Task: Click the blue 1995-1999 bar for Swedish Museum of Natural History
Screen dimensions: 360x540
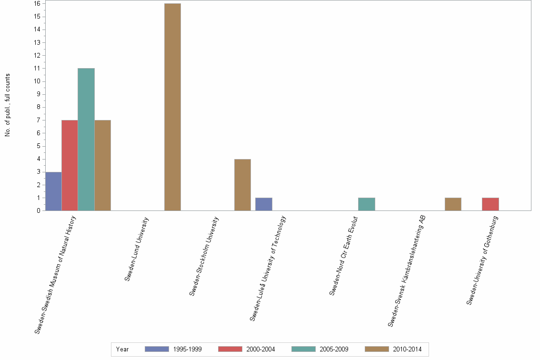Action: coord(53,191)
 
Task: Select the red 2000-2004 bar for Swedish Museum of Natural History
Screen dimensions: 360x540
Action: coord(70,165)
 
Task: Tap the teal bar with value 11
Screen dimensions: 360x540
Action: coord(86,139)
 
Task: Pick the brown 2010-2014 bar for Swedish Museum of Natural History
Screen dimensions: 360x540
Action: coord(102,165)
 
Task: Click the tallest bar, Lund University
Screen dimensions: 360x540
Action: coord(172,107)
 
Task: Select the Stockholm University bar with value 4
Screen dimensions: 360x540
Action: coord(242,185)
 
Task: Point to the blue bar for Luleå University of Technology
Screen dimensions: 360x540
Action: coord(264,204)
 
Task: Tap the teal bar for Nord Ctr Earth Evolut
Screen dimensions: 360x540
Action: coord(366,204)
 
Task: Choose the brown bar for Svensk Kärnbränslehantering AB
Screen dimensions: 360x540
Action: coord(453,204)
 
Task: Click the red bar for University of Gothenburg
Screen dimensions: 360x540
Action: coord(490,204)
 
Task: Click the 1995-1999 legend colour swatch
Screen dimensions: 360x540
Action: coord(157,349)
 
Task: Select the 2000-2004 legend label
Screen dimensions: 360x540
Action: coord(260,349)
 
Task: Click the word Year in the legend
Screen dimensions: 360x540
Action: coord(122,349)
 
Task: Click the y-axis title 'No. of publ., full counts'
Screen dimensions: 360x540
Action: coord(8,105)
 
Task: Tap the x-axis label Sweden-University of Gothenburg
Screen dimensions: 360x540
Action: coord(482,260)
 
